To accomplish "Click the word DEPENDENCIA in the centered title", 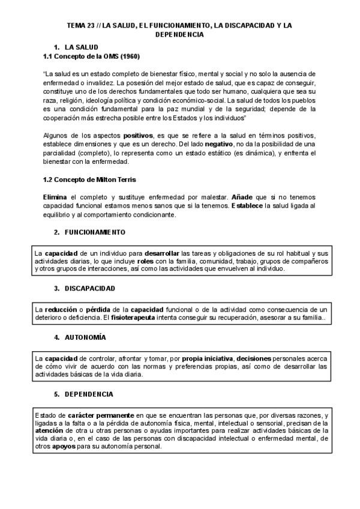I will point(180,34).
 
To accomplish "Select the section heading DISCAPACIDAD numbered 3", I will point(89,288).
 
